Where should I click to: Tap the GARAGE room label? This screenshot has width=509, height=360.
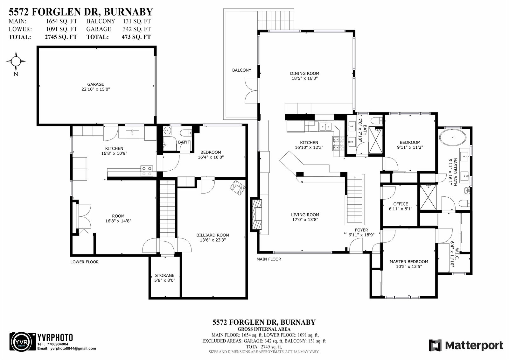click(96, 84)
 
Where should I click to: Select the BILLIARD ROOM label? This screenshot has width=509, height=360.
click(213, 235)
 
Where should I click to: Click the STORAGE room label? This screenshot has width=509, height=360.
click(165, 275)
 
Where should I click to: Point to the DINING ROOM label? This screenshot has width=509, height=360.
click(304, 74)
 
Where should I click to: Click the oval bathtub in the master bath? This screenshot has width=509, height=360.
click(453, 138)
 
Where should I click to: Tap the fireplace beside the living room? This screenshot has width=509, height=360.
click(256, 215)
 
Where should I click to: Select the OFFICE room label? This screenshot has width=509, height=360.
click(401, 204)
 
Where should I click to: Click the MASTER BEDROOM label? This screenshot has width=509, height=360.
click(409, 262)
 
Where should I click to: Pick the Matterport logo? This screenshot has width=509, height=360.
click(466, 345)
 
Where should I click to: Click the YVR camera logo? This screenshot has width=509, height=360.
click(23, 341)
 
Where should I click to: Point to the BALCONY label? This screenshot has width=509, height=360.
click(241, 70)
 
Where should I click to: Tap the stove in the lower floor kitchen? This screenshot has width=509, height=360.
click(147, 171)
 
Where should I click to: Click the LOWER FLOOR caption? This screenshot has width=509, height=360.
click(85, 262)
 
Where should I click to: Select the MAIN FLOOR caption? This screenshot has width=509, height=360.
click(269, 259)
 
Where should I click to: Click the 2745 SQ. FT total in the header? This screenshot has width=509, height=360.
click(61, 37)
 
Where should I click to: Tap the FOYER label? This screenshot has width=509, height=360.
click(361, 230)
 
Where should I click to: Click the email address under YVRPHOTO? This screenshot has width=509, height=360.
click(73, 349)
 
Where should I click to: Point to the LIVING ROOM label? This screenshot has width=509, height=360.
click(305, 215)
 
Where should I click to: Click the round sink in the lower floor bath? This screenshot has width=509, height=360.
click(167, 131)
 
